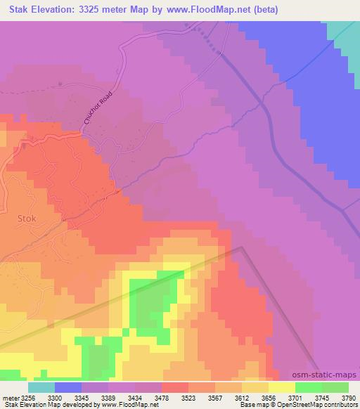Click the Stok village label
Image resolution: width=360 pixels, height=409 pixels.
[x=26, y=218]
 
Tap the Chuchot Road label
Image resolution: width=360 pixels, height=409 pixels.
[x=98, y=111]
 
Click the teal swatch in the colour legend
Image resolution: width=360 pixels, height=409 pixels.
[x=41, y=387]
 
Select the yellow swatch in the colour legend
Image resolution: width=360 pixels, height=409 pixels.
[x=281, y=387]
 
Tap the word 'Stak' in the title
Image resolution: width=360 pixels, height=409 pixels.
[x=15, y=10]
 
